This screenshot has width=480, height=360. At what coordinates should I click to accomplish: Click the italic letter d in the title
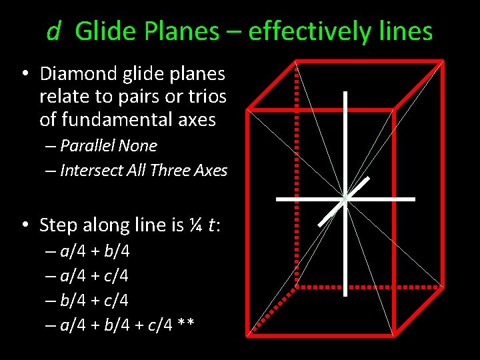pos(53,31)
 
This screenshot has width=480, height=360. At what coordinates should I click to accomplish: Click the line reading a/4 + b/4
pos(95,252)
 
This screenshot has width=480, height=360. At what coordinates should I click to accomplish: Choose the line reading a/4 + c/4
pos(95,276)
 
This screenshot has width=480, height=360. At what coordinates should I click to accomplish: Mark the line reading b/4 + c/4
pos(95,301)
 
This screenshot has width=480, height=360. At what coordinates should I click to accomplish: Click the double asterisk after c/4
pos(186,325)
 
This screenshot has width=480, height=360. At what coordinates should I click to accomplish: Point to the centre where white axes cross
pos(345,199)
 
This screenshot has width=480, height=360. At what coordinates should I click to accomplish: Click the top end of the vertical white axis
pos(345,93)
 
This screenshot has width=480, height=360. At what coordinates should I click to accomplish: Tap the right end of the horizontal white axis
pos(413,199)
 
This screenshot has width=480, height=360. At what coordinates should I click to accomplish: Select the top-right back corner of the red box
pos(443,61)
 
